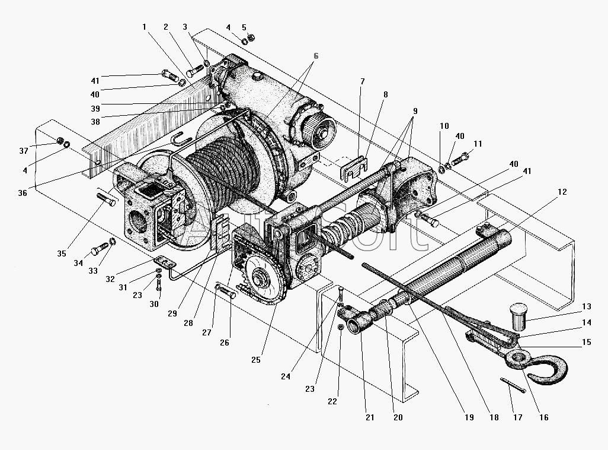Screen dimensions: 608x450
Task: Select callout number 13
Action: pyautogui.click(x=586, y=306)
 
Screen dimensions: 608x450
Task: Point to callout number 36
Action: pyautogui.click(x=23, y=193)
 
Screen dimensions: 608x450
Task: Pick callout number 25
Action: pyautogui.click(x=255, y=360)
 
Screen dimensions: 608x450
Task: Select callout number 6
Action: pyautogui.click(x=316, y=56)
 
